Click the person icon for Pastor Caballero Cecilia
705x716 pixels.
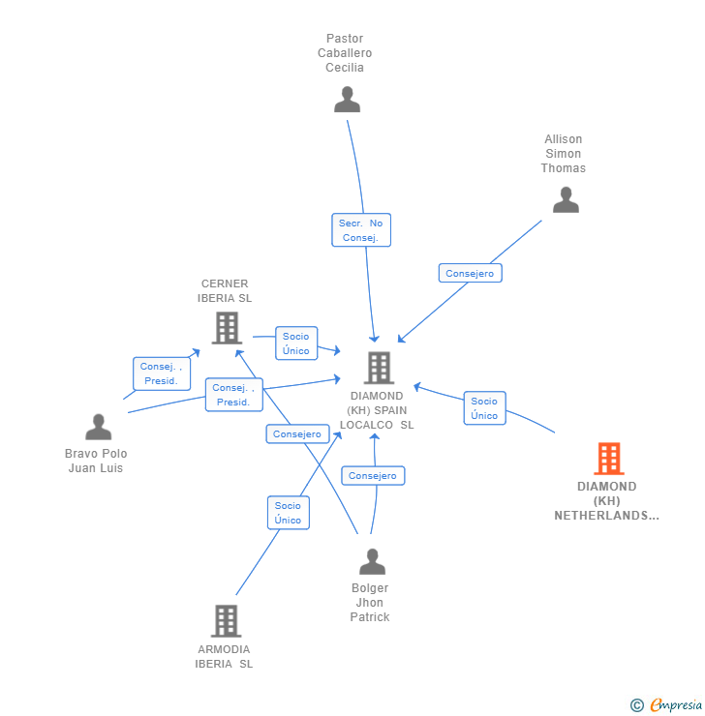click(347, 100)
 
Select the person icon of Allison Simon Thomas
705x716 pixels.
click(566, 199)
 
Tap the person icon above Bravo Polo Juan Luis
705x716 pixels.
click(98, 427)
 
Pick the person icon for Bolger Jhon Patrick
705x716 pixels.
click(372, 561)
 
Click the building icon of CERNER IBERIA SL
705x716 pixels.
click(226, 328)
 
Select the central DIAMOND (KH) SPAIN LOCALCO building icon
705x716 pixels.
click(378, 368)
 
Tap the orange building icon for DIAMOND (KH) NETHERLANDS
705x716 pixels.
click(608, 459)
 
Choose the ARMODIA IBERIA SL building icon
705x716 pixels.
click(225, 621)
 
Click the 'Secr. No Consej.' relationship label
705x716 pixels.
click(361, 230)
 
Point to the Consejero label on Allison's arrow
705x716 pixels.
click(470, 273)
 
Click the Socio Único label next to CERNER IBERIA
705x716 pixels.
click(296, 343)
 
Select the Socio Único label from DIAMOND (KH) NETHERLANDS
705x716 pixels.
click(484, 408)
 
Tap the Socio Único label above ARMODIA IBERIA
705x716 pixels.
click(288, 513)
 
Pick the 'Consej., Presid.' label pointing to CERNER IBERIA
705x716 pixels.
click(161, 373)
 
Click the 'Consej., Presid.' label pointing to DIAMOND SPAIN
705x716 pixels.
click(233, 395)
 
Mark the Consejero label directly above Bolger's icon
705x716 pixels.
click(373, 476)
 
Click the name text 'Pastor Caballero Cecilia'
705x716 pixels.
click(345, 53)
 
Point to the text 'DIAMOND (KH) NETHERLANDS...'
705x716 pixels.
click(607, 501)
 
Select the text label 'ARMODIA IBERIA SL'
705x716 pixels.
click(224, 656)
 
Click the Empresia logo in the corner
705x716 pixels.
click(667, 705)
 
